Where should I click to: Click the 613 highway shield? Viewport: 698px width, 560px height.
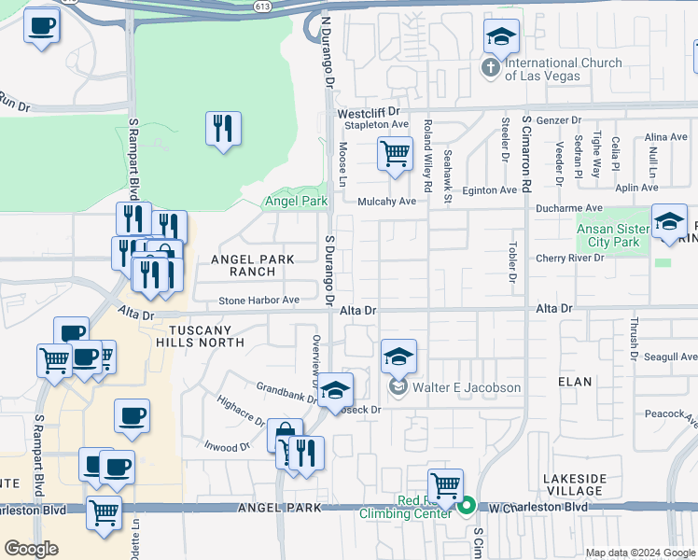pyautogui.click(x=263, y=6)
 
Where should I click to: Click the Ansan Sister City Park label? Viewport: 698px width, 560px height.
pyautogui.click(x=607, y=235)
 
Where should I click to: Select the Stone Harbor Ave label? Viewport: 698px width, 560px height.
pyautogui.click(x=258, y=301)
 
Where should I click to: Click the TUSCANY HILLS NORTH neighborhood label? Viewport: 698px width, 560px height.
pyautogui.click(x=205, y=336)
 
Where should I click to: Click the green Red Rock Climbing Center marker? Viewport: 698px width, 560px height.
pyautogui.click(x=468, y=507)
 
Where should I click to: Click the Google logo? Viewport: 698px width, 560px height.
pyautogui.click(x=32, y=549)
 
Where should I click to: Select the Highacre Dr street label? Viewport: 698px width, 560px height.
pyautogui.click(x=241, y=408)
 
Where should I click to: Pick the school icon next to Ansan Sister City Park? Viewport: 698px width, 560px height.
pyautogui.click(x=668, y=222)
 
